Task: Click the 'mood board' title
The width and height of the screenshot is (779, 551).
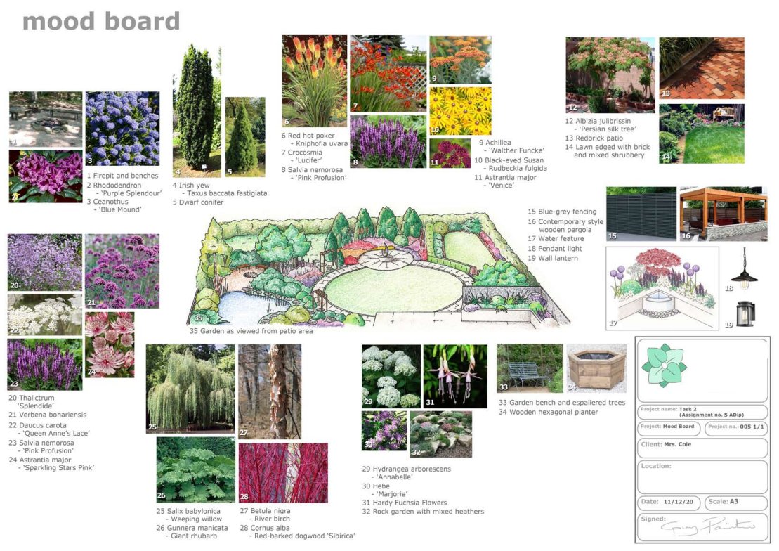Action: [101, 21]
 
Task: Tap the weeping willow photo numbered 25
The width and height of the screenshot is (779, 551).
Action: [190, 388]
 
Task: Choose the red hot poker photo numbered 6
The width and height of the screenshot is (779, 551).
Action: [315, 80]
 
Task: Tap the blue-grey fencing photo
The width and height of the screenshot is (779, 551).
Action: [641, 214]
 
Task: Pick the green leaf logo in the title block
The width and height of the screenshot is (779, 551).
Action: [664, 365]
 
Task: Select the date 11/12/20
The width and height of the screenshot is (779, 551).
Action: [678, 503]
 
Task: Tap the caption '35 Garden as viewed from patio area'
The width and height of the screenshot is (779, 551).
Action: [251, 331]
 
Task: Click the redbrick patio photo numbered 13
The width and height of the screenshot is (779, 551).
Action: [701, 67]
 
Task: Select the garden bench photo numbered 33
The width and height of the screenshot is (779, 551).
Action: [530, 368]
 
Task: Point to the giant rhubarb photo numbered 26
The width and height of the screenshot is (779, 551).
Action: [195, 469]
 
